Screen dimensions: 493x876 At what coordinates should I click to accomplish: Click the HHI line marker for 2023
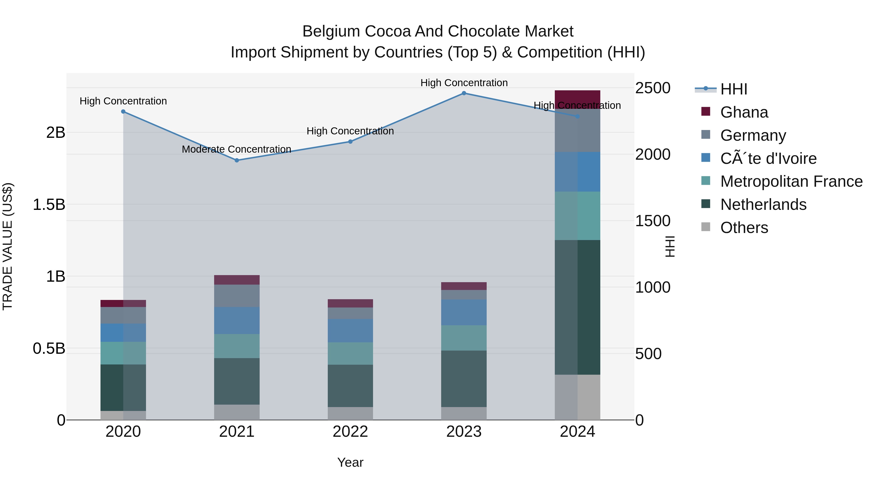[x=464, y=93]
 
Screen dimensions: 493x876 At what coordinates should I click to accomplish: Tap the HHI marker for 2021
[x=237, y=160]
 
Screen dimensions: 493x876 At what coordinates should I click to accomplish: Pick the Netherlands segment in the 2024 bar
[x=577, y=307]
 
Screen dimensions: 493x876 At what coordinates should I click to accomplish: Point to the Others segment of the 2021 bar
[x=237, y=412]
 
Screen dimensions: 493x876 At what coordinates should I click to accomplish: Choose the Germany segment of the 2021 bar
[x=237, y=296]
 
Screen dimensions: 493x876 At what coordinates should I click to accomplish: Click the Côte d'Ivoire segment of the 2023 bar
[x=464, y=312]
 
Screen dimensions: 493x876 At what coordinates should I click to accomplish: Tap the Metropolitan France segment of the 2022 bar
[x=350, y=353]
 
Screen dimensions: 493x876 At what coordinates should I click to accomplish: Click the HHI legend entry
[x=733, y=89]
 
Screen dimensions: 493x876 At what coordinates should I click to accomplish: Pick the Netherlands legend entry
[x=763, y=205]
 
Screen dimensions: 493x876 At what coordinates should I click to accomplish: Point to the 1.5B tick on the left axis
[x=49, y=205]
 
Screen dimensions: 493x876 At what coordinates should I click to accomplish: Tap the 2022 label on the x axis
[x=350, y=432]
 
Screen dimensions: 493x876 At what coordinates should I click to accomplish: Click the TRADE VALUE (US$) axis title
[x=8, y=246]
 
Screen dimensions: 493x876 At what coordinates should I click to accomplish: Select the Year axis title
[x=350, y=462]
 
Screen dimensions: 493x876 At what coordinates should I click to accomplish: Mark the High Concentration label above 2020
[x=123, y=101]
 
